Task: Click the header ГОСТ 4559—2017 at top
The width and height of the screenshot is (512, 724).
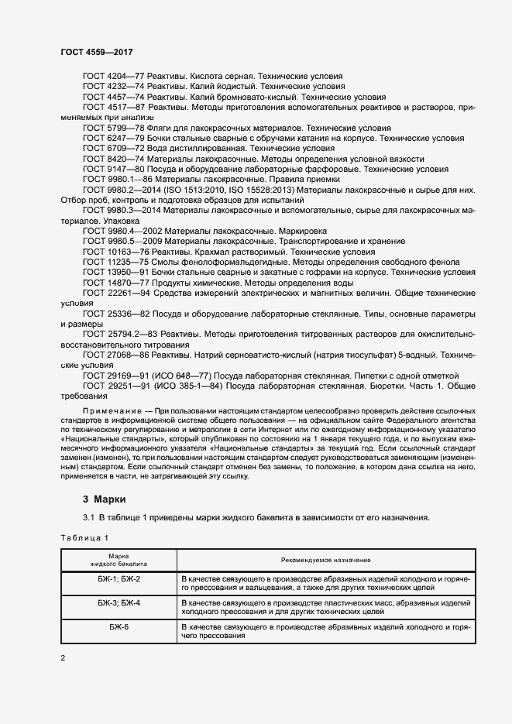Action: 96,51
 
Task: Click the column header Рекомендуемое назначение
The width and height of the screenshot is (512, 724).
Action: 325,560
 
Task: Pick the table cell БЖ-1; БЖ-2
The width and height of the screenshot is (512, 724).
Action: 119,579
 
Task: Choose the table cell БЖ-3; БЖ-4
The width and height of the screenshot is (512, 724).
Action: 119,602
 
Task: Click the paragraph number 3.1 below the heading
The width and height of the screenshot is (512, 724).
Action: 88,517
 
